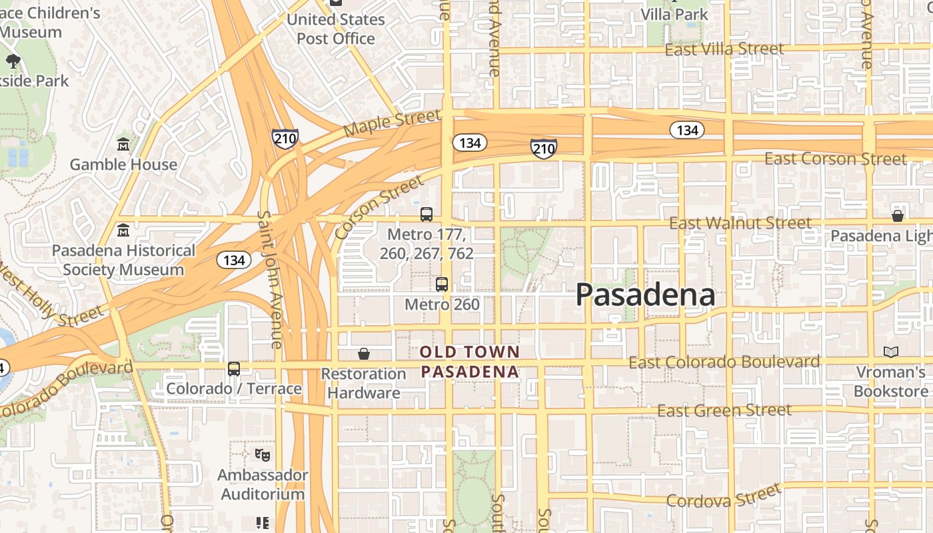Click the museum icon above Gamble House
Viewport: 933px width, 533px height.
123,144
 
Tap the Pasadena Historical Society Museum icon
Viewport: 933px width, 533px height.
123,231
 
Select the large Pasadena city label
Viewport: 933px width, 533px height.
645,294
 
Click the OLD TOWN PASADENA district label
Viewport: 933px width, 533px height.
470,362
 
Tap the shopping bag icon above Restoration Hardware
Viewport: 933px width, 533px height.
364,353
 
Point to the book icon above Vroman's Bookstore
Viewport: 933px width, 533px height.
890,352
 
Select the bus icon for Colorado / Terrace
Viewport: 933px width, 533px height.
234,368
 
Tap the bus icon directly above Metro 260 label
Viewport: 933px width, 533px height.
442,284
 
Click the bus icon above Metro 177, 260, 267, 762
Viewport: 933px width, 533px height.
427,215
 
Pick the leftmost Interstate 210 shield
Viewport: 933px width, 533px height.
285,139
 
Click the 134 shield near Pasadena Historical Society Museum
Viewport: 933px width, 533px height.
234,260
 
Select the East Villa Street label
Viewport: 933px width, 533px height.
724,49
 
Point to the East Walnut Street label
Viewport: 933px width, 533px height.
740,223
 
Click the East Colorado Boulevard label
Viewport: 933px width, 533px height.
724,362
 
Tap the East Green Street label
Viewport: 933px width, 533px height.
724,410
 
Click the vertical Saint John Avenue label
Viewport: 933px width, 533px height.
271,280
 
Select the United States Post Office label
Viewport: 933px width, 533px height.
336,29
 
